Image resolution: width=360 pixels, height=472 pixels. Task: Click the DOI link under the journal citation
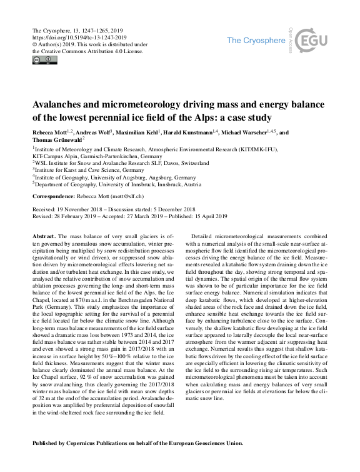click(x=79, y=37)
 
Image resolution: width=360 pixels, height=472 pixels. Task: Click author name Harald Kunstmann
click(x=199, y=133)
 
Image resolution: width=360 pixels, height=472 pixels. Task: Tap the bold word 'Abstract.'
click(x=44, y=235)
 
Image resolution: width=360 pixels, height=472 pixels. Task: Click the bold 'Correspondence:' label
click(x=57, y=196)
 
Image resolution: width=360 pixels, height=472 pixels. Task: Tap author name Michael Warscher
click(x=256, y=133)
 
